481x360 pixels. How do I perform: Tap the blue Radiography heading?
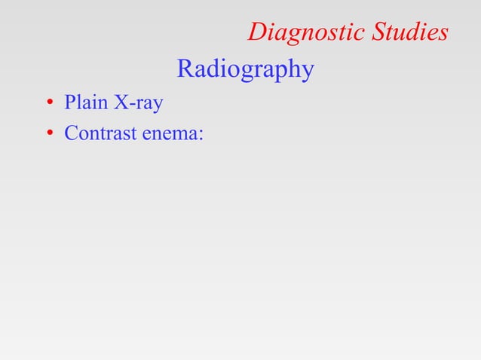point(245,70)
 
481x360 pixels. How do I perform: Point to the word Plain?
point(83,102)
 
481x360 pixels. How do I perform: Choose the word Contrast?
point(97,134)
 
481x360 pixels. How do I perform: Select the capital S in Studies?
point(378,32)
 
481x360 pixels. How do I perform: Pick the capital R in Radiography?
point(185,69)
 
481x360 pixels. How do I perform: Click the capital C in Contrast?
point(72,134)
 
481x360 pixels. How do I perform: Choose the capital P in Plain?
point(70,102)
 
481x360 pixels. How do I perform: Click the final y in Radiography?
point(306,73)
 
